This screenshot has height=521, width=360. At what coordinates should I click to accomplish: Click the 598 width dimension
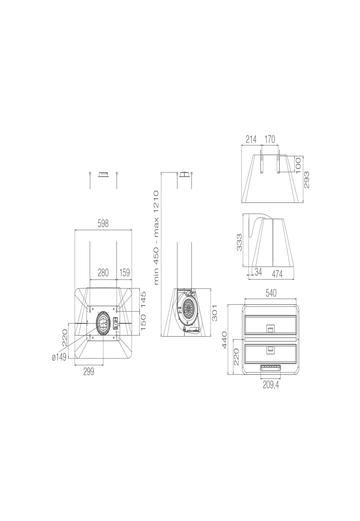click(x=103, y=224)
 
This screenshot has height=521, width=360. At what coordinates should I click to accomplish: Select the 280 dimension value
click(x=103, y=273)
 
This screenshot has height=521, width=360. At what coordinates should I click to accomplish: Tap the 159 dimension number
click(x=124, y=273)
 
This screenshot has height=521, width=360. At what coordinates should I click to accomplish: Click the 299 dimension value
click(x=88, y=372)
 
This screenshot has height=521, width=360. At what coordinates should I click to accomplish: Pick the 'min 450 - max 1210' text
click(x=156, y=238)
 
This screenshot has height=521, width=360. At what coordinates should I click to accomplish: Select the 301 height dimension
click(x=214, y=313)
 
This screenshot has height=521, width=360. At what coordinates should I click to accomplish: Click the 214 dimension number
click(x=251, y=139)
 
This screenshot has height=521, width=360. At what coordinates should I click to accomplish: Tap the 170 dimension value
click(x=270, y=139)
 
